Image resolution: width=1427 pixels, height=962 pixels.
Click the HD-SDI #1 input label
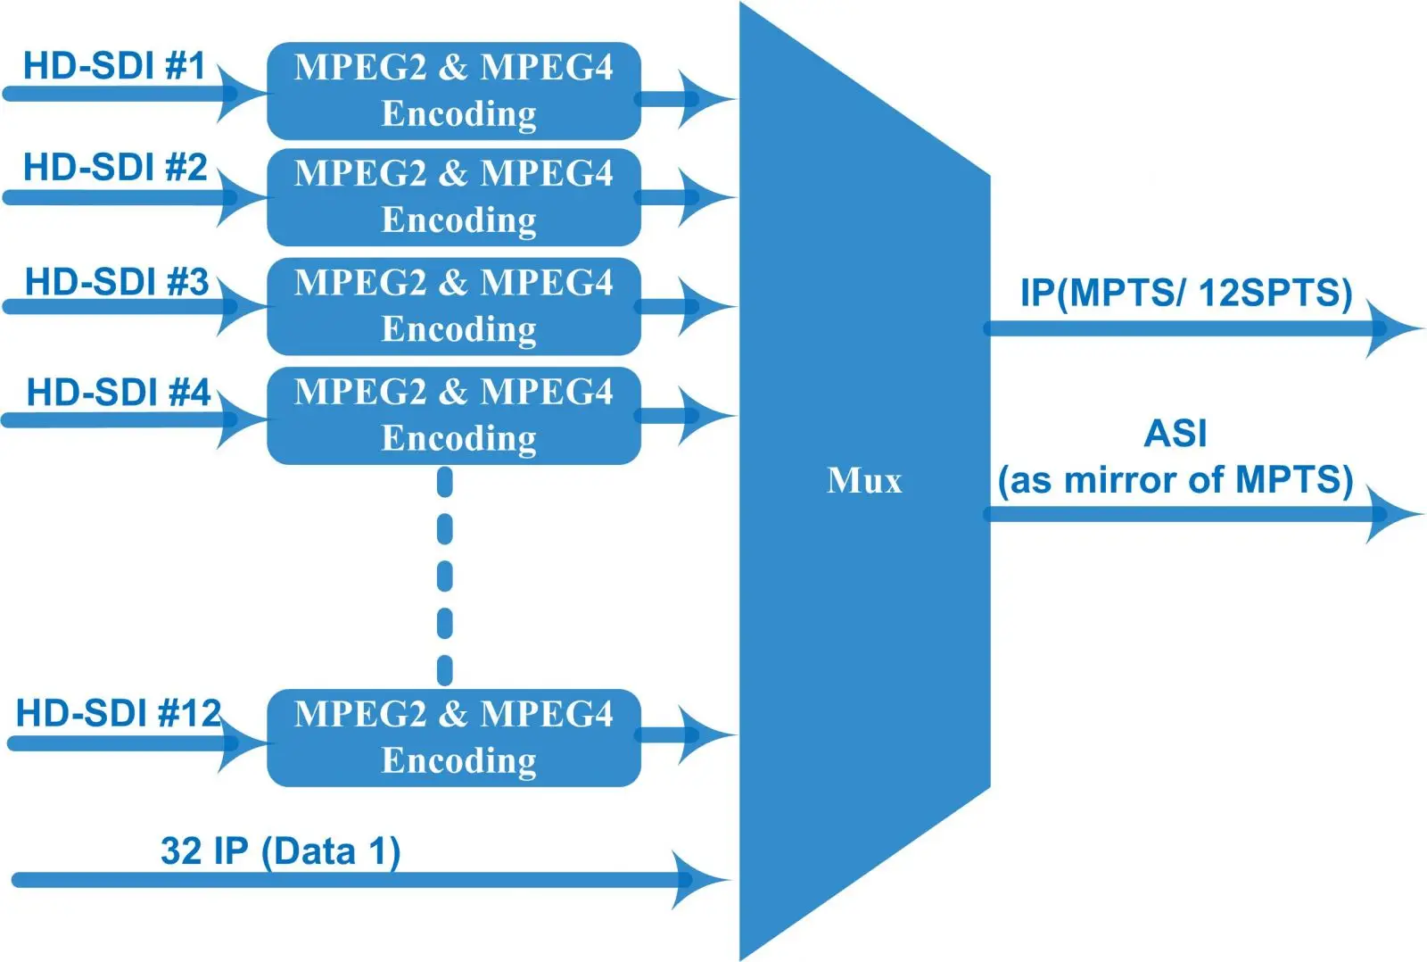click(x=115, y=66)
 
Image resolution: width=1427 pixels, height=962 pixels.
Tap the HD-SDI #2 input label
click(x=115, y=167)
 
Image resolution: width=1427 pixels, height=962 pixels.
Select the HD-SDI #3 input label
click(x=117, y=281)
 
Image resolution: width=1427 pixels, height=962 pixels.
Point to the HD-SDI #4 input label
click(x=119, y=392)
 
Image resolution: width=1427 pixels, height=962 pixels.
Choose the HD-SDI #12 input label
click(x=119, y=712)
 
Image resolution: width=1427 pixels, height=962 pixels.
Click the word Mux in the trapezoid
click(x=864, y=480)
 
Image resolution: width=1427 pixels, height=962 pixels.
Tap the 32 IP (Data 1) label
click(x=280, y=850)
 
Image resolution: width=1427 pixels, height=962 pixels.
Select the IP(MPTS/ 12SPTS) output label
click(x=1186, y=293)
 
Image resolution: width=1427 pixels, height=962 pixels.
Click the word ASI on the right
click(x=1175, y=434)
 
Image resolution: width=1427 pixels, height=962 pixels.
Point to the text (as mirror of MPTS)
click(x=1175, y=480)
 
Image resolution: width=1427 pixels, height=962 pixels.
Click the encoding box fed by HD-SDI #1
click(x=454, y=91)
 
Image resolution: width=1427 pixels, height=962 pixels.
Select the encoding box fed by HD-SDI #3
click(x=454, y=307)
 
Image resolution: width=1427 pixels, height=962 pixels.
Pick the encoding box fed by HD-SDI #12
click(x=454, y=738)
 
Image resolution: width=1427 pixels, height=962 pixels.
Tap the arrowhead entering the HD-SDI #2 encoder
click(x=242, y=197)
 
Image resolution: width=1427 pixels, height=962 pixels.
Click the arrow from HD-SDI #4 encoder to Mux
click(x=686, y=416)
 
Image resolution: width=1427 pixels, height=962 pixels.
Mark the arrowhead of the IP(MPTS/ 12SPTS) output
click(x=1393, y=329)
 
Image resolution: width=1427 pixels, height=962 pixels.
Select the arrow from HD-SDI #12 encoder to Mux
click(x=686, y=735)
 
